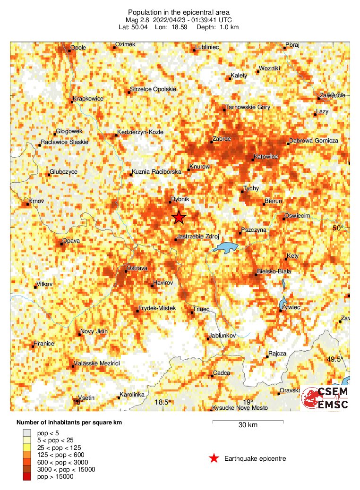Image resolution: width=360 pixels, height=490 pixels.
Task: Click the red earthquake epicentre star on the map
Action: click(179, 217)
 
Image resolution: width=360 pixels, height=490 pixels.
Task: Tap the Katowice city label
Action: click(266, 157)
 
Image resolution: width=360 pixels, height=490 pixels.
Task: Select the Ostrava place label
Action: click(137, 268)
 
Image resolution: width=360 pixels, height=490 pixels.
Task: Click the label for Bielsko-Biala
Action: click(274, 271)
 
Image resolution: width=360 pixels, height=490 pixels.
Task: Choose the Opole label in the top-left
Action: click(78, 48)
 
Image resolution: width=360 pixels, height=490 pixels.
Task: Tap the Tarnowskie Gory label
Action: click(248, 107)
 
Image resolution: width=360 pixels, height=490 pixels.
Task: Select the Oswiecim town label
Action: click(297, 216)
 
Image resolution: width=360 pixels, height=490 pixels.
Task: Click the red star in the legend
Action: click(214, 458)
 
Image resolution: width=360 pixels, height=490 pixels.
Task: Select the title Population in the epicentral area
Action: click(180, 12)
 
